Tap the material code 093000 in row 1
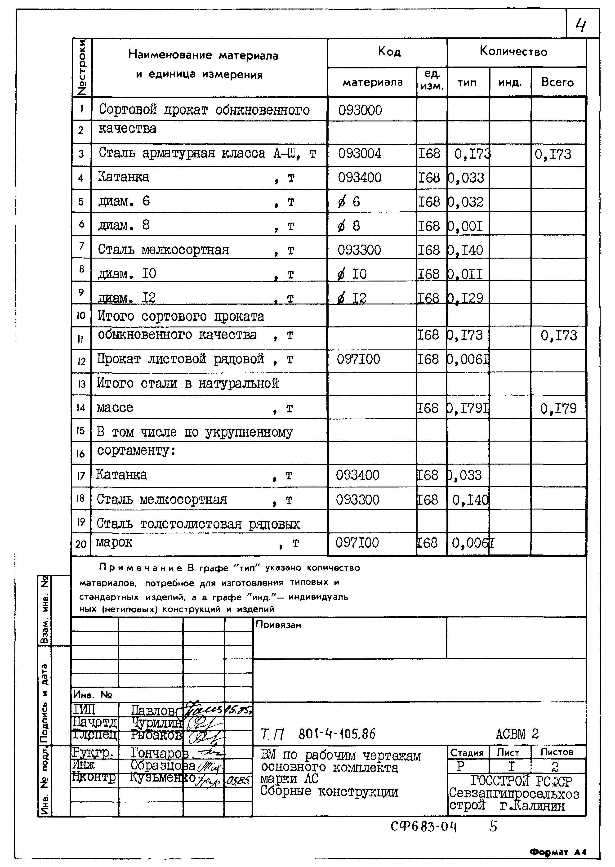pos(360,110)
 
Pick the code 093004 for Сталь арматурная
pos(360,153)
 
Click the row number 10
pos(81,316)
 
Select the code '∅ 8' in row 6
pos(349,226)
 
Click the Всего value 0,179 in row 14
pos(558,409)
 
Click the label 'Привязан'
pos(278,625)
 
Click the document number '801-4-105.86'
pos(337,734)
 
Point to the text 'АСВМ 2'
pos(517,734)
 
